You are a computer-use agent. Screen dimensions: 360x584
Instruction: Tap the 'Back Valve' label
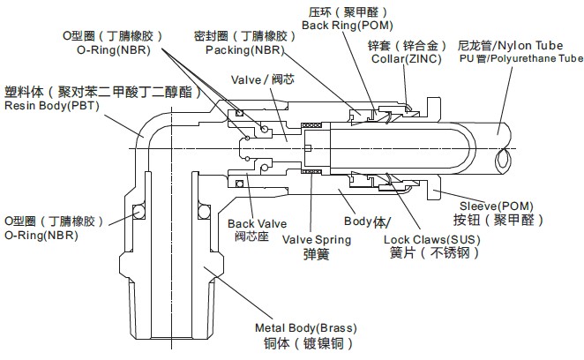[252, 223]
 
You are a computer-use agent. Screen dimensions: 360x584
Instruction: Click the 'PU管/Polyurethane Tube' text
[520, 58]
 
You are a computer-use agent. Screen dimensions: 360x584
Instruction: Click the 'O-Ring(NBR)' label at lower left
[41, 236]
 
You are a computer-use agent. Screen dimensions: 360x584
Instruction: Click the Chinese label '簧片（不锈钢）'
[429, 253]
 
